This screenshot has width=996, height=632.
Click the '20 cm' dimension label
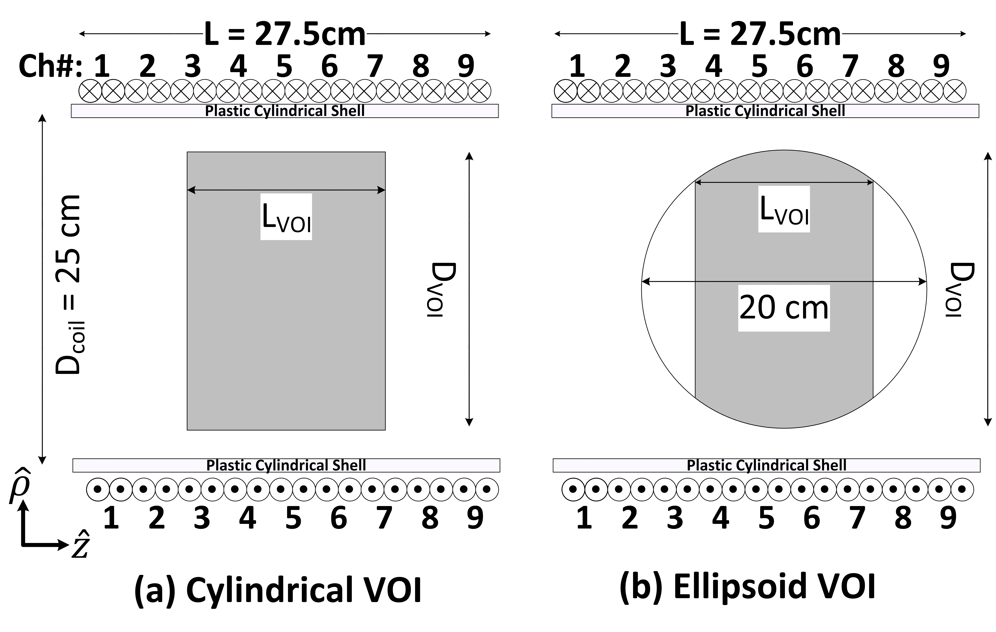pos(784,308)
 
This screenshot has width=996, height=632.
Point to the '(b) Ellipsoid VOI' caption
pos(747,587)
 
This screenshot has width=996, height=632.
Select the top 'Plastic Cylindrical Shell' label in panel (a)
pos(285,111)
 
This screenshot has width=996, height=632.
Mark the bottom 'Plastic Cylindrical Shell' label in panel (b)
pos(766,465)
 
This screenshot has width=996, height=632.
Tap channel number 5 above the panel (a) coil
pos(284,66)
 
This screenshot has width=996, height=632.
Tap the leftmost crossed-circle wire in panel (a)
pos(91,91)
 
